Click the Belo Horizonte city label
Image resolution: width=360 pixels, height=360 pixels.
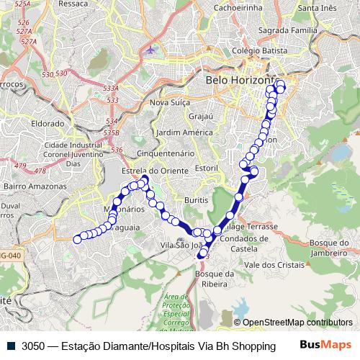[x=241, y=81]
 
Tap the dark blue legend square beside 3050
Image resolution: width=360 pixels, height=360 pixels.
[x=14, y=345]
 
